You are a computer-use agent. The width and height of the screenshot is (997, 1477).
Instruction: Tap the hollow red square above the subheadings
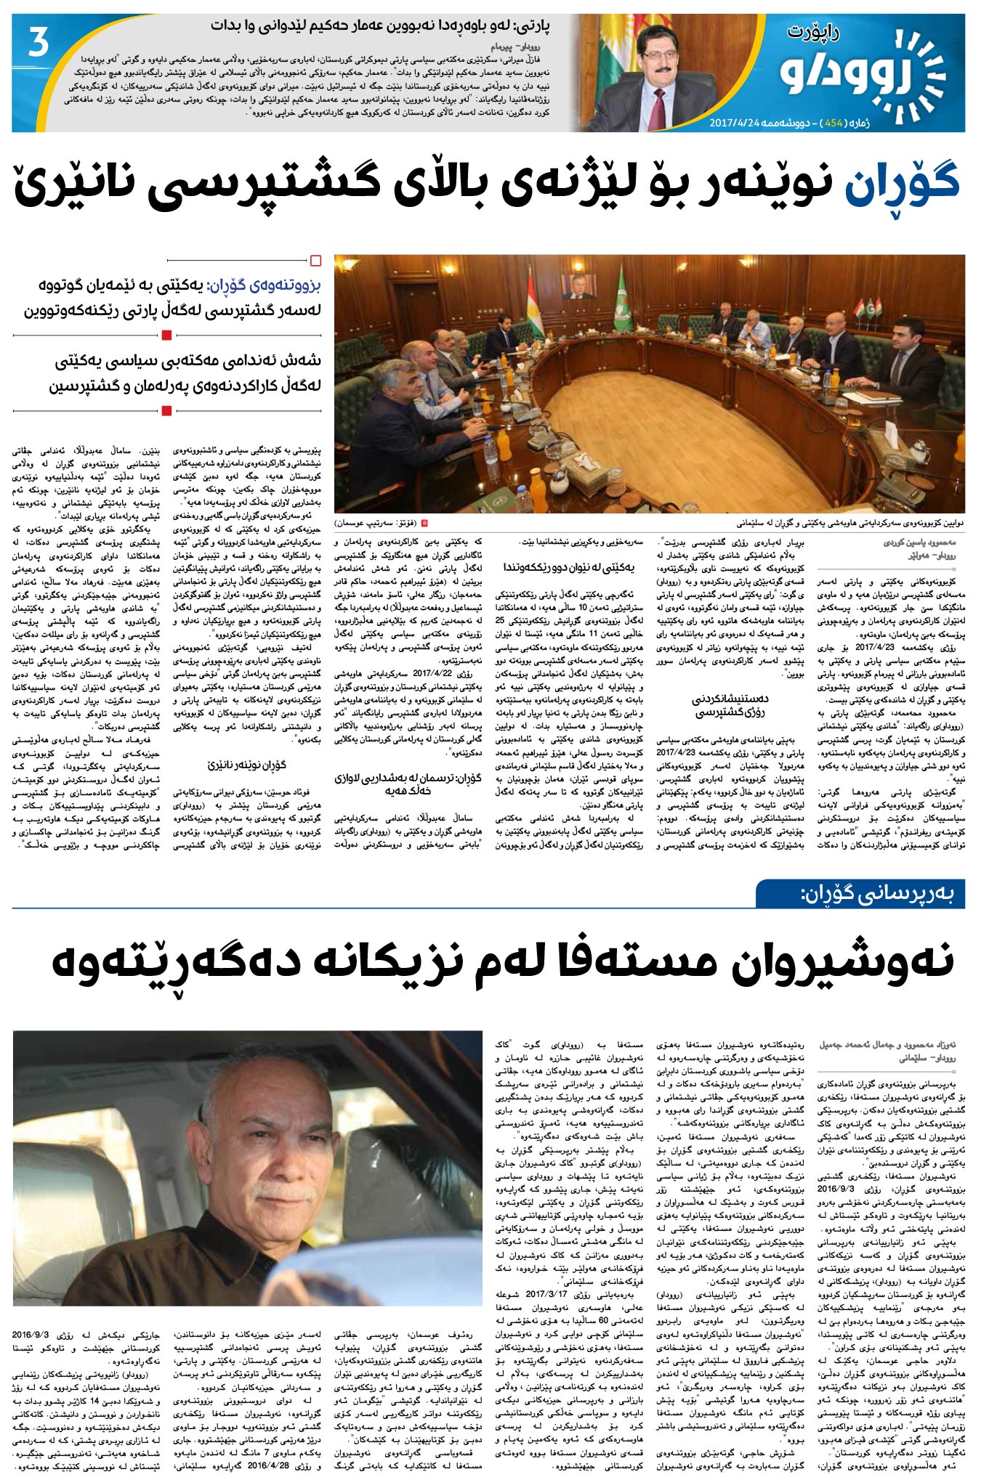click(315, 260)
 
